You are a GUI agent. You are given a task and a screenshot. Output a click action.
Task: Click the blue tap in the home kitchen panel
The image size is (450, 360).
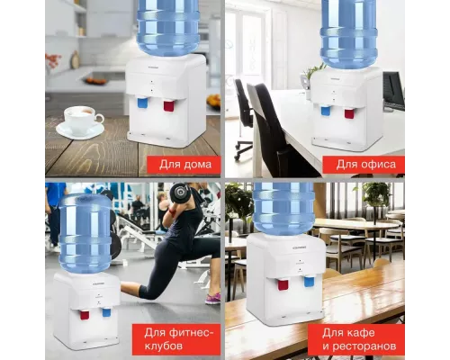coord(143,103)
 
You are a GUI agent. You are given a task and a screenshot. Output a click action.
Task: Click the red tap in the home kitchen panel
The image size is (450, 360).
coord(169,105)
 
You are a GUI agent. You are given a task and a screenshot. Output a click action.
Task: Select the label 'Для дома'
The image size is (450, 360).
coord(185,165)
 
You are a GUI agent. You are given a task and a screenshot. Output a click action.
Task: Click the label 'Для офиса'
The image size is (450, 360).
coord(365,165)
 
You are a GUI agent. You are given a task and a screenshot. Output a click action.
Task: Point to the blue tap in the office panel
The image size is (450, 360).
coord(326,111)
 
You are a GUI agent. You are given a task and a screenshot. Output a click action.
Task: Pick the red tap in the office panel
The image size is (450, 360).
coord(349,113)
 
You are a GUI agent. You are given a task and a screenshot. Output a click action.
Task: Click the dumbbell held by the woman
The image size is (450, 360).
coord(181,192)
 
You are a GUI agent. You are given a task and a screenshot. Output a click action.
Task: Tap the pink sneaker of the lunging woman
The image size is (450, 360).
coord(213,299)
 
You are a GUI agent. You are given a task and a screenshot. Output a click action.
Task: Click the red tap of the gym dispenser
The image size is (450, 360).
coord(85,314)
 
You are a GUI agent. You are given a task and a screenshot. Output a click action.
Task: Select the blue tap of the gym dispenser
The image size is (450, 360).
coord(106,312)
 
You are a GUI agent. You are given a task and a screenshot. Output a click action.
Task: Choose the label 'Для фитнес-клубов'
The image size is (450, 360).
coord(179,339)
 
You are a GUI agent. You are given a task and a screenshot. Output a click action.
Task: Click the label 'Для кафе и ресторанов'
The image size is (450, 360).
coord(359,339)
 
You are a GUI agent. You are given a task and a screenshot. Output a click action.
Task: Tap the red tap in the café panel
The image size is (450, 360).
coord(283,285)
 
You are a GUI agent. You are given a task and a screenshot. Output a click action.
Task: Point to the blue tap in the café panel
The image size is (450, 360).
coord(310,282)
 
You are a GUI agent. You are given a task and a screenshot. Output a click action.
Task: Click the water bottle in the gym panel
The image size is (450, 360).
coord(85,233)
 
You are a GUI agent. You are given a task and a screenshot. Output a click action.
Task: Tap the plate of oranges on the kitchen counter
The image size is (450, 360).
coord(95,81)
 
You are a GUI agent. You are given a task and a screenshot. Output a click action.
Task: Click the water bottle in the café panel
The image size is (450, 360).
coord(283,209)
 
